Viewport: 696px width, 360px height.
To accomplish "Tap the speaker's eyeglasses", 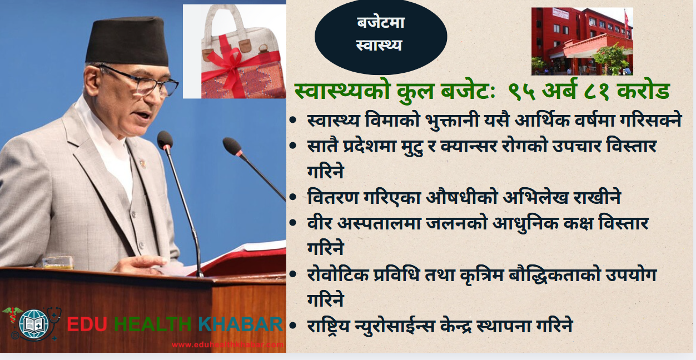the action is point(140,81).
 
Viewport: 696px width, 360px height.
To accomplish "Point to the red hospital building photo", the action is point(582,41).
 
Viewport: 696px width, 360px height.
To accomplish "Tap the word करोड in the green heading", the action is point(643,91).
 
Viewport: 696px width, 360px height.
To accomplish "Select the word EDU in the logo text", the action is point(87,324).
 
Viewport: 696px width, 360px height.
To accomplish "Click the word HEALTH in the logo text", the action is point(152,324).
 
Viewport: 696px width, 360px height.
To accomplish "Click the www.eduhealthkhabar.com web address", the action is point(227,344).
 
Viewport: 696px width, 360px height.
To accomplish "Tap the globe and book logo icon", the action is point(33,324).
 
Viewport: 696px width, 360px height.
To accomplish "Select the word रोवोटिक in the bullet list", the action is point(338,274).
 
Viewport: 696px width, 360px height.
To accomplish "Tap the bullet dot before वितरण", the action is point(293,197).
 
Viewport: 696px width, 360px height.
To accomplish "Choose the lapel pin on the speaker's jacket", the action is point(142,163).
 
